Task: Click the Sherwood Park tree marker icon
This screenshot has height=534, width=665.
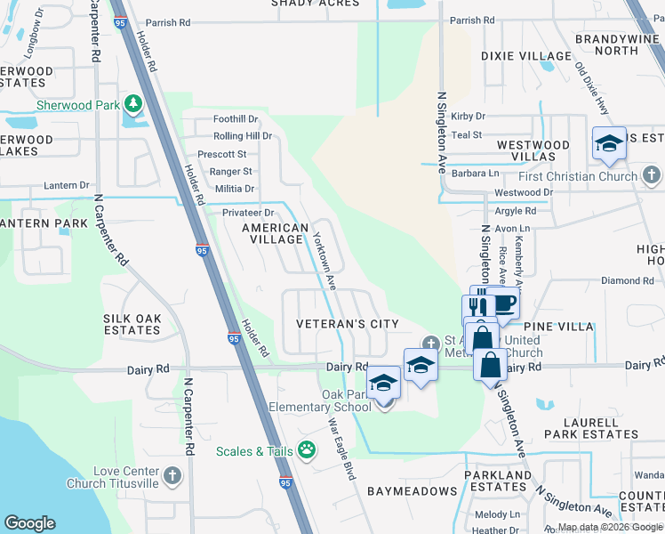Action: [x=133, y=104]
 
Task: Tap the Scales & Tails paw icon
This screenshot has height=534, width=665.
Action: [x=307, y=450]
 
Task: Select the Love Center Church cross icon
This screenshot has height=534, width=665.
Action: [x=172, y=476]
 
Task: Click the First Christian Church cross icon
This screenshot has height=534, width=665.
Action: [x=652, y=175]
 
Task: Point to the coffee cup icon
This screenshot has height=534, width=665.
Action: [x=503, y=303]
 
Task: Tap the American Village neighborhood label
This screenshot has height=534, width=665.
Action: [x=275, y=233]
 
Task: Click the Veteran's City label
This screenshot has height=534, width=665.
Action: [x=348, y=324]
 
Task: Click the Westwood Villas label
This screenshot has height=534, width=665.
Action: [x=533, y=150]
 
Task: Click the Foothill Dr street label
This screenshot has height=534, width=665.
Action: [x=236, y=119]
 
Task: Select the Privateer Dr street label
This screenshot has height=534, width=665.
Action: [x=248, y=213]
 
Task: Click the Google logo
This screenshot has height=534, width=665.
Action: [x=30, y=523]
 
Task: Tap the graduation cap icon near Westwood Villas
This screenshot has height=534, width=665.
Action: [x=609, y=142]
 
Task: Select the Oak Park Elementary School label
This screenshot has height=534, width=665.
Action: [x=321, y=400]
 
